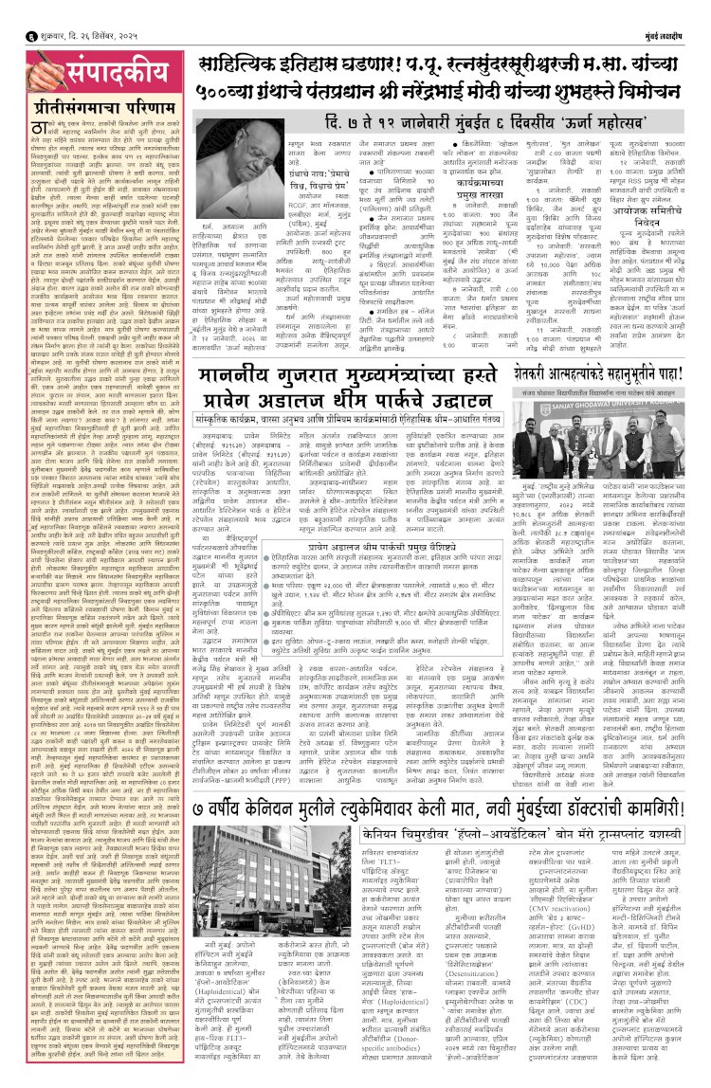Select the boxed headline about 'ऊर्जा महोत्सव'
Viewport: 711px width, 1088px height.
(x=442, y=123)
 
